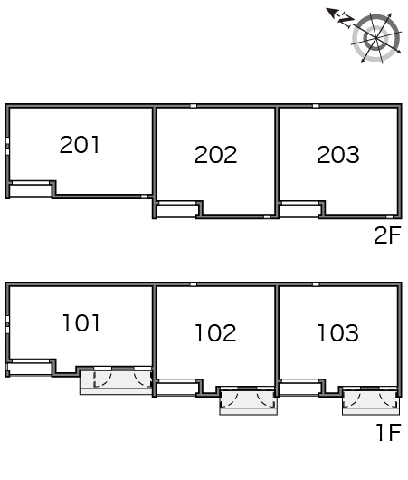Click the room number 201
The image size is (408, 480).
click(80, 145)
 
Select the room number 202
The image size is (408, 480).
click(215, 154)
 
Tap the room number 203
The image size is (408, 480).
click(338, 154)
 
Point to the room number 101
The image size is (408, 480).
click(81, 323)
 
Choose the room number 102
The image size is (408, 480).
click(215, 332)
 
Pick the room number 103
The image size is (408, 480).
click(338, 332)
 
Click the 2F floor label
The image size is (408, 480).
click(387, 235)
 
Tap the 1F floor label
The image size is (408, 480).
click(388, 432)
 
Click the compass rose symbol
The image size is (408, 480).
click(376, 38)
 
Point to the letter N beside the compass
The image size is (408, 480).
click(346, 21)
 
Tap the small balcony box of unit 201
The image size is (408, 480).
click(30, 190)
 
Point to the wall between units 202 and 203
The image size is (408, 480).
click(277, 162)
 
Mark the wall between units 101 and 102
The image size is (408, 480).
click(154, 341)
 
